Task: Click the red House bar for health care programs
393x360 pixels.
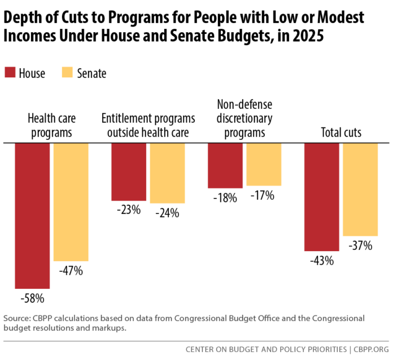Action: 33,216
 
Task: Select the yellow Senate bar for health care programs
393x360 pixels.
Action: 71,201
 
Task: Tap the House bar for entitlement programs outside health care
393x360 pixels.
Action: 129,172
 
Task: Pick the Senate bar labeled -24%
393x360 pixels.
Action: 167,173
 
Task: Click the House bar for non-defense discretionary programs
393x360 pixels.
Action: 225,165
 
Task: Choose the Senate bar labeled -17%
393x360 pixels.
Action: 264,164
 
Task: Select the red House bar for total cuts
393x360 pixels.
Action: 322,196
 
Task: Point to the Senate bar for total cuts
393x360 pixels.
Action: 360,189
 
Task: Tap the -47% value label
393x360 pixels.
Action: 71,271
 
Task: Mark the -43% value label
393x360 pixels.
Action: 322,261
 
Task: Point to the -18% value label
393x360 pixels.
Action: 225,198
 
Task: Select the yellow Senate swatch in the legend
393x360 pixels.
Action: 67,72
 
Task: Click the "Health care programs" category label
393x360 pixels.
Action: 52,126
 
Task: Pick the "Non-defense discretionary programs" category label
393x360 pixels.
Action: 244,118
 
